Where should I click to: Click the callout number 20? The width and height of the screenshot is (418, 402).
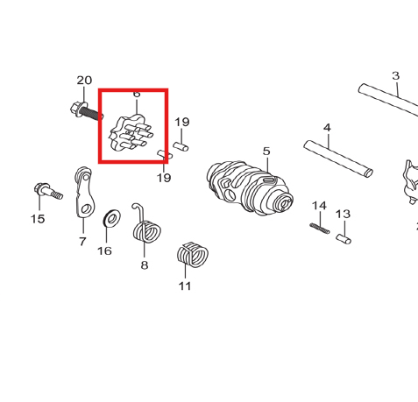(x=84, y=81)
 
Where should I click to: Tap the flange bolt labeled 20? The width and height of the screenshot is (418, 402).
(x=87, y=111)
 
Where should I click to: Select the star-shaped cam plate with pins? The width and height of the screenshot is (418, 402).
(x=131, y=133)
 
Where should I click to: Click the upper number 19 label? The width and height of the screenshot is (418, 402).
(x=182, y=122)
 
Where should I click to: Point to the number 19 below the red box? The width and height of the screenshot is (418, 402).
(x=164, y=178)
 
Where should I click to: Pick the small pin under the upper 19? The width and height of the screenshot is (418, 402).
(x=181, y=146)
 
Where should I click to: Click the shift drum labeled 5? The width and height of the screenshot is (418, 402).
(x=250, y=187)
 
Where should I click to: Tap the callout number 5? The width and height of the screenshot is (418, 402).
(x=266, y=152)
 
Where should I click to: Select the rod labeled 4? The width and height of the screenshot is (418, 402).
(x=338, y=159)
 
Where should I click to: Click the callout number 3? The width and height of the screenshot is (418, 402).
(x=395, y=76)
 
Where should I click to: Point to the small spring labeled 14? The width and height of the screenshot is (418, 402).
(x=320, y=229)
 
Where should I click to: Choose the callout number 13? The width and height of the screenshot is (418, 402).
(x=343, y=215)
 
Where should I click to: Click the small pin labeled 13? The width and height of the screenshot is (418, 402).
(x=344, y=239)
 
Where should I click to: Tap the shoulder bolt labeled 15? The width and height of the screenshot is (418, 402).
(x=48, y=191)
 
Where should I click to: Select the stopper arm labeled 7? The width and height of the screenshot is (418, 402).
(x=83, y=192)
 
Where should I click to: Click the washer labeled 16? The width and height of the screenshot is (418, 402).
(x=112, y=218)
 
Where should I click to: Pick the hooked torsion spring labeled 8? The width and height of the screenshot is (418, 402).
(x=145, y=224)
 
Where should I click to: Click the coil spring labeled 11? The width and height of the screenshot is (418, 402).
(x=193, y=255)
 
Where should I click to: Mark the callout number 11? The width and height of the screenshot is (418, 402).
(x=185, y=286)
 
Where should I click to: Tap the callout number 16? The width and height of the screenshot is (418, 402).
(x=104, y=250)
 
